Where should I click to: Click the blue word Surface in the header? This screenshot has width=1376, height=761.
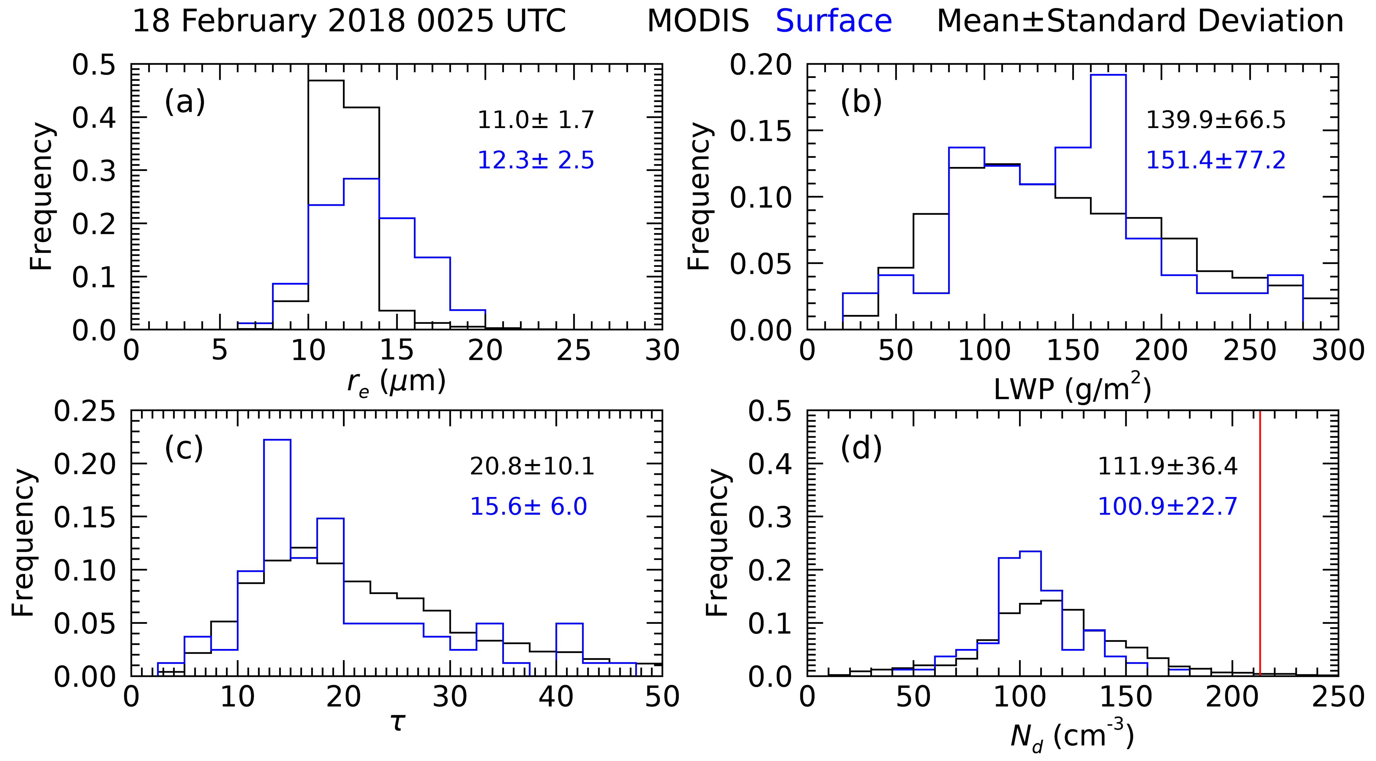click(x=833, y=21)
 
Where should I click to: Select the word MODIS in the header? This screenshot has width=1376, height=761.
click(x=698, y=21)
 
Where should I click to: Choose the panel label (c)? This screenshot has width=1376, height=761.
click(x=184, y=448)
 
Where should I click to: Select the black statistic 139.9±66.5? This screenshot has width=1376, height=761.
click(x=1216, y=120)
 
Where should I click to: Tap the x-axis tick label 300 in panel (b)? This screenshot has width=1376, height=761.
click(x=1338, y=351)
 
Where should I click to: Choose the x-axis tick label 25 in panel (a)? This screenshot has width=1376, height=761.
click(x=574, y=351)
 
